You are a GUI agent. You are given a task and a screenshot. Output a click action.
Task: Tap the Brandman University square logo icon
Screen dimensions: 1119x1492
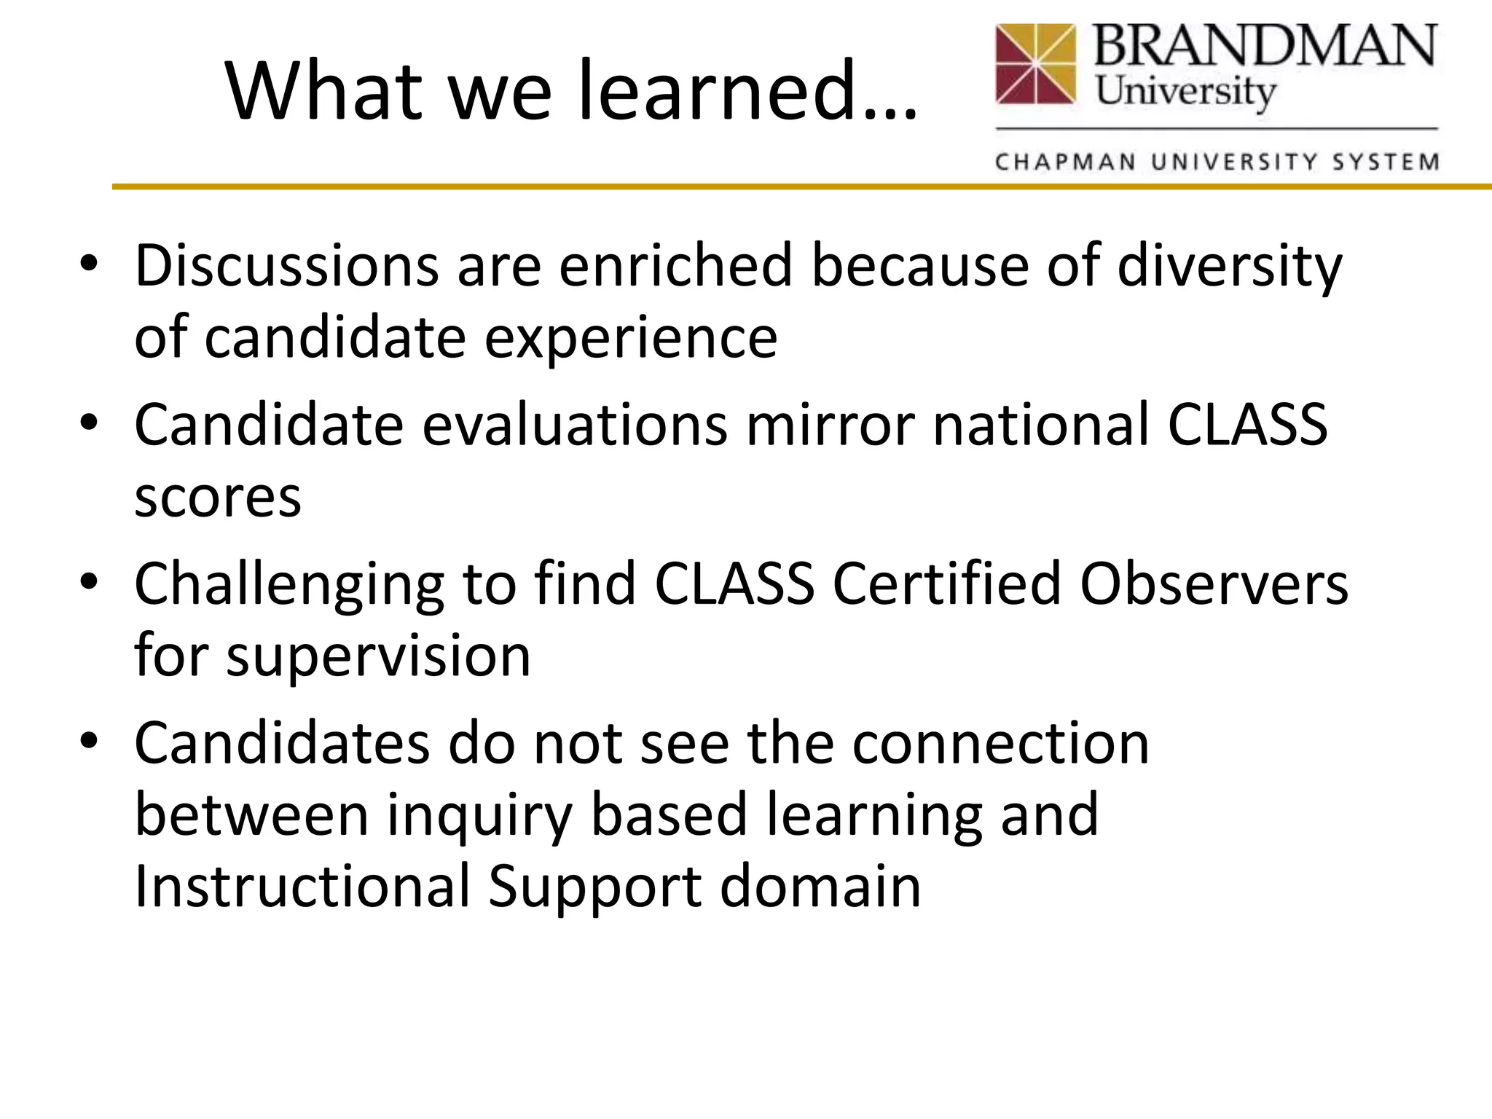(1035, 64)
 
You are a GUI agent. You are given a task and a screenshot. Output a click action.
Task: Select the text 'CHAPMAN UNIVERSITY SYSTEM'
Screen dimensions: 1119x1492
(1217, 161)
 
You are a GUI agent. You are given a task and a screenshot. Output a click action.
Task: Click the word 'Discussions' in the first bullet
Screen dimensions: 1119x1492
(286, 266)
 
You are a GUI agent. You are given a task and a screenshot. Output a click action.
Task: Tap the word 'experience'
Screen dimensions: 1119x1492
(631, 339)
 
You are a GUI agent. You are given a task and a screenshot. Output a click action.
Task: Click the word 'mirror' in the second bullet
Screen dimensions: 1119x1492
(830, 425)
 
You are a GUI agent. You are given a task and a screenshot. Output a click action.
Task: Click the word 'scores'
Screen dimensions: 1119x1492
(217, 498)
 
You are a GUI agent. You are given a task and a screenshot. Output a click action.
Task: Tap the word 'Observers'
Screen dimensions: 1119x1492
(1214, 584)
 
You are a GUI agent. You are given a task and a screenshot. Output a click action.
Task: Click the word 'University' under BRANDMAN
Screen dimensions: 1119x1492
(1186, 93)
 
